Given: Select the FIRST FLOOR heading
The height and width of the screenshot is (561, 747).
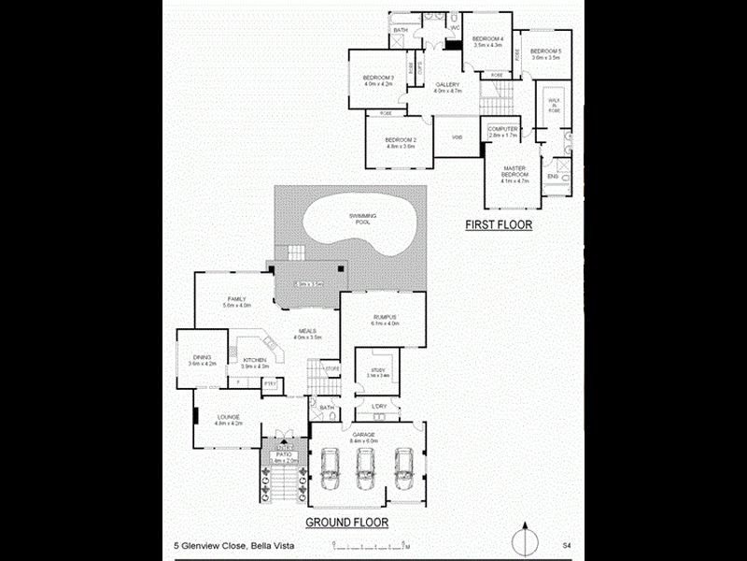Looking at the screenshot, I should pyautogui.click(x=500, y=225).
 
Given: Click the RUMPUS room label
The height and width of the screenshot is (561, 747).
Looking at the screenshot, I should pyautogui.click(x=385, y=318).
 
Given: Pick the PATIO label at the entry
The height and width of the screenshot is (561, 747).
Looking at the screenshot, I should pyautogui.click(x=283, y=454).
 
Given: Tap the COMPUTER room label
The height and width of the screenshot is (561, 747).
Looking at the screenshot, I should pyautogui.click(x=502, y=130).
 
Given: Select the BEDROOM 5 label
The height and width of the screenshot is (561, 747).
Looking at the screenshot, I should pyautogui.click(x=545, y=51).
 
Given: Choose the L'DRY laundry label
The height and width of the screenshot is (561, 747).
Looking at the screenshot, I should pyautogui.click(x=379, y=406).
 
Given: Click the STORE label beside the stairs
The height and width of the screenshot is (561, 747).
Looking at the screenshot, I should pyautogui.click(x=331, y=368).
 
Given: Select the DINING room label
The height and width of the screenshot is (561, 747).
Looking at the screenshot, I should pyautogui.click(x=202, y=357).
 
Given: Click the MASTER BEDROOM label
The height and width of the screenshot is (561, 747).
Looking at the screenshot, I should pyautogui.click(x=514, y=171).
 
